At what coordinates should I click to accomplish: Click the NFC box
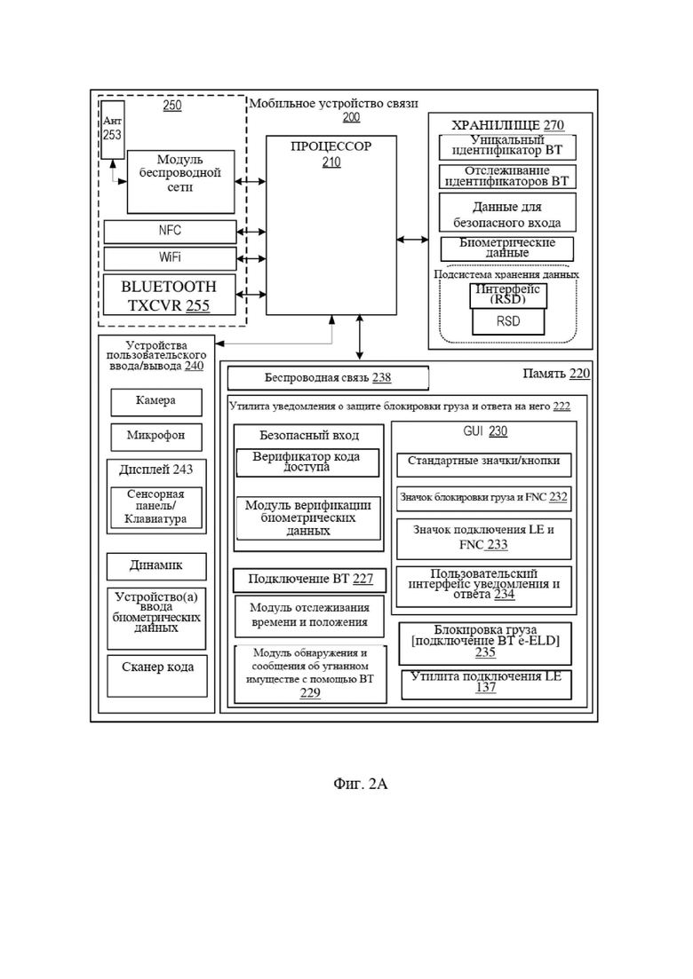pos(170,231)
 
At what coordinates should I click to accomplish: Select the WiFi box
pos(170,258)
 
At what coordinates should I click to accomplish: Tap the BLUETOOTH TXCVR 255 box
pos(170,296)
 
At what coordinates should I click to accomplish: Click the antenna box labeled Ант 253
pos(113,130)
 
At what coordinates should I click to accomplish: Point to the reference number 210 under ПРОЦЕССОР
pos(331,162)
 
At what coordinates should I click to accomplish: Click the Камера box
pos(156,402)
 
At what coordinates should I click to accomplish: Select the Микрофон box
pos(156,437)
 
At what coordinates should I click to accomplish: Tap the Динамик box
pos(156,566)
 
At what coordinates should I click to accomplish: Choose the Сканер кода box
pos(157,675)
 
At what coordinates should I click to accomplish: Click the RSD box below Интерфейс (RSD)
pos(508,321)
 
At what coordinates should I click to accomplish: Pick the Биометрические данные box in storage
pos(506,249)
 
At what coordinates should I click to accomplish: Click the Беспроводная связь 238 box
pos(328,378)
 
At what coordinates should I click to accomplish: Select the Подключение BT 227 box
pos(310,580)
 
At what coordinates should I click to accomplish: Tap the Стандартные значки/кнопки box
pos(483,464)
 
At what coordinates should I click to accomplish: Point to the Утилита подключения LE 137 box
pos(486,685)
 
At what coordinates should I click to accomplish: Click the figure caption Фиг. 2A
pos(361,784)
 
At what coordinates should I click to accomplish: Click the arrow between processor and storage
pos(412,239)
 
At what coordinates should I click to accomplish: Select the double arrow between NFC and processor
pos(251,232)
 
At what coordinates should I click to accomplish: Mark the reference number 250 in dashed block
pos(171,106)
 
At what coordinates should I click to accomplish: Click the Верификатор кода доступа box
pos(307,462)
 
